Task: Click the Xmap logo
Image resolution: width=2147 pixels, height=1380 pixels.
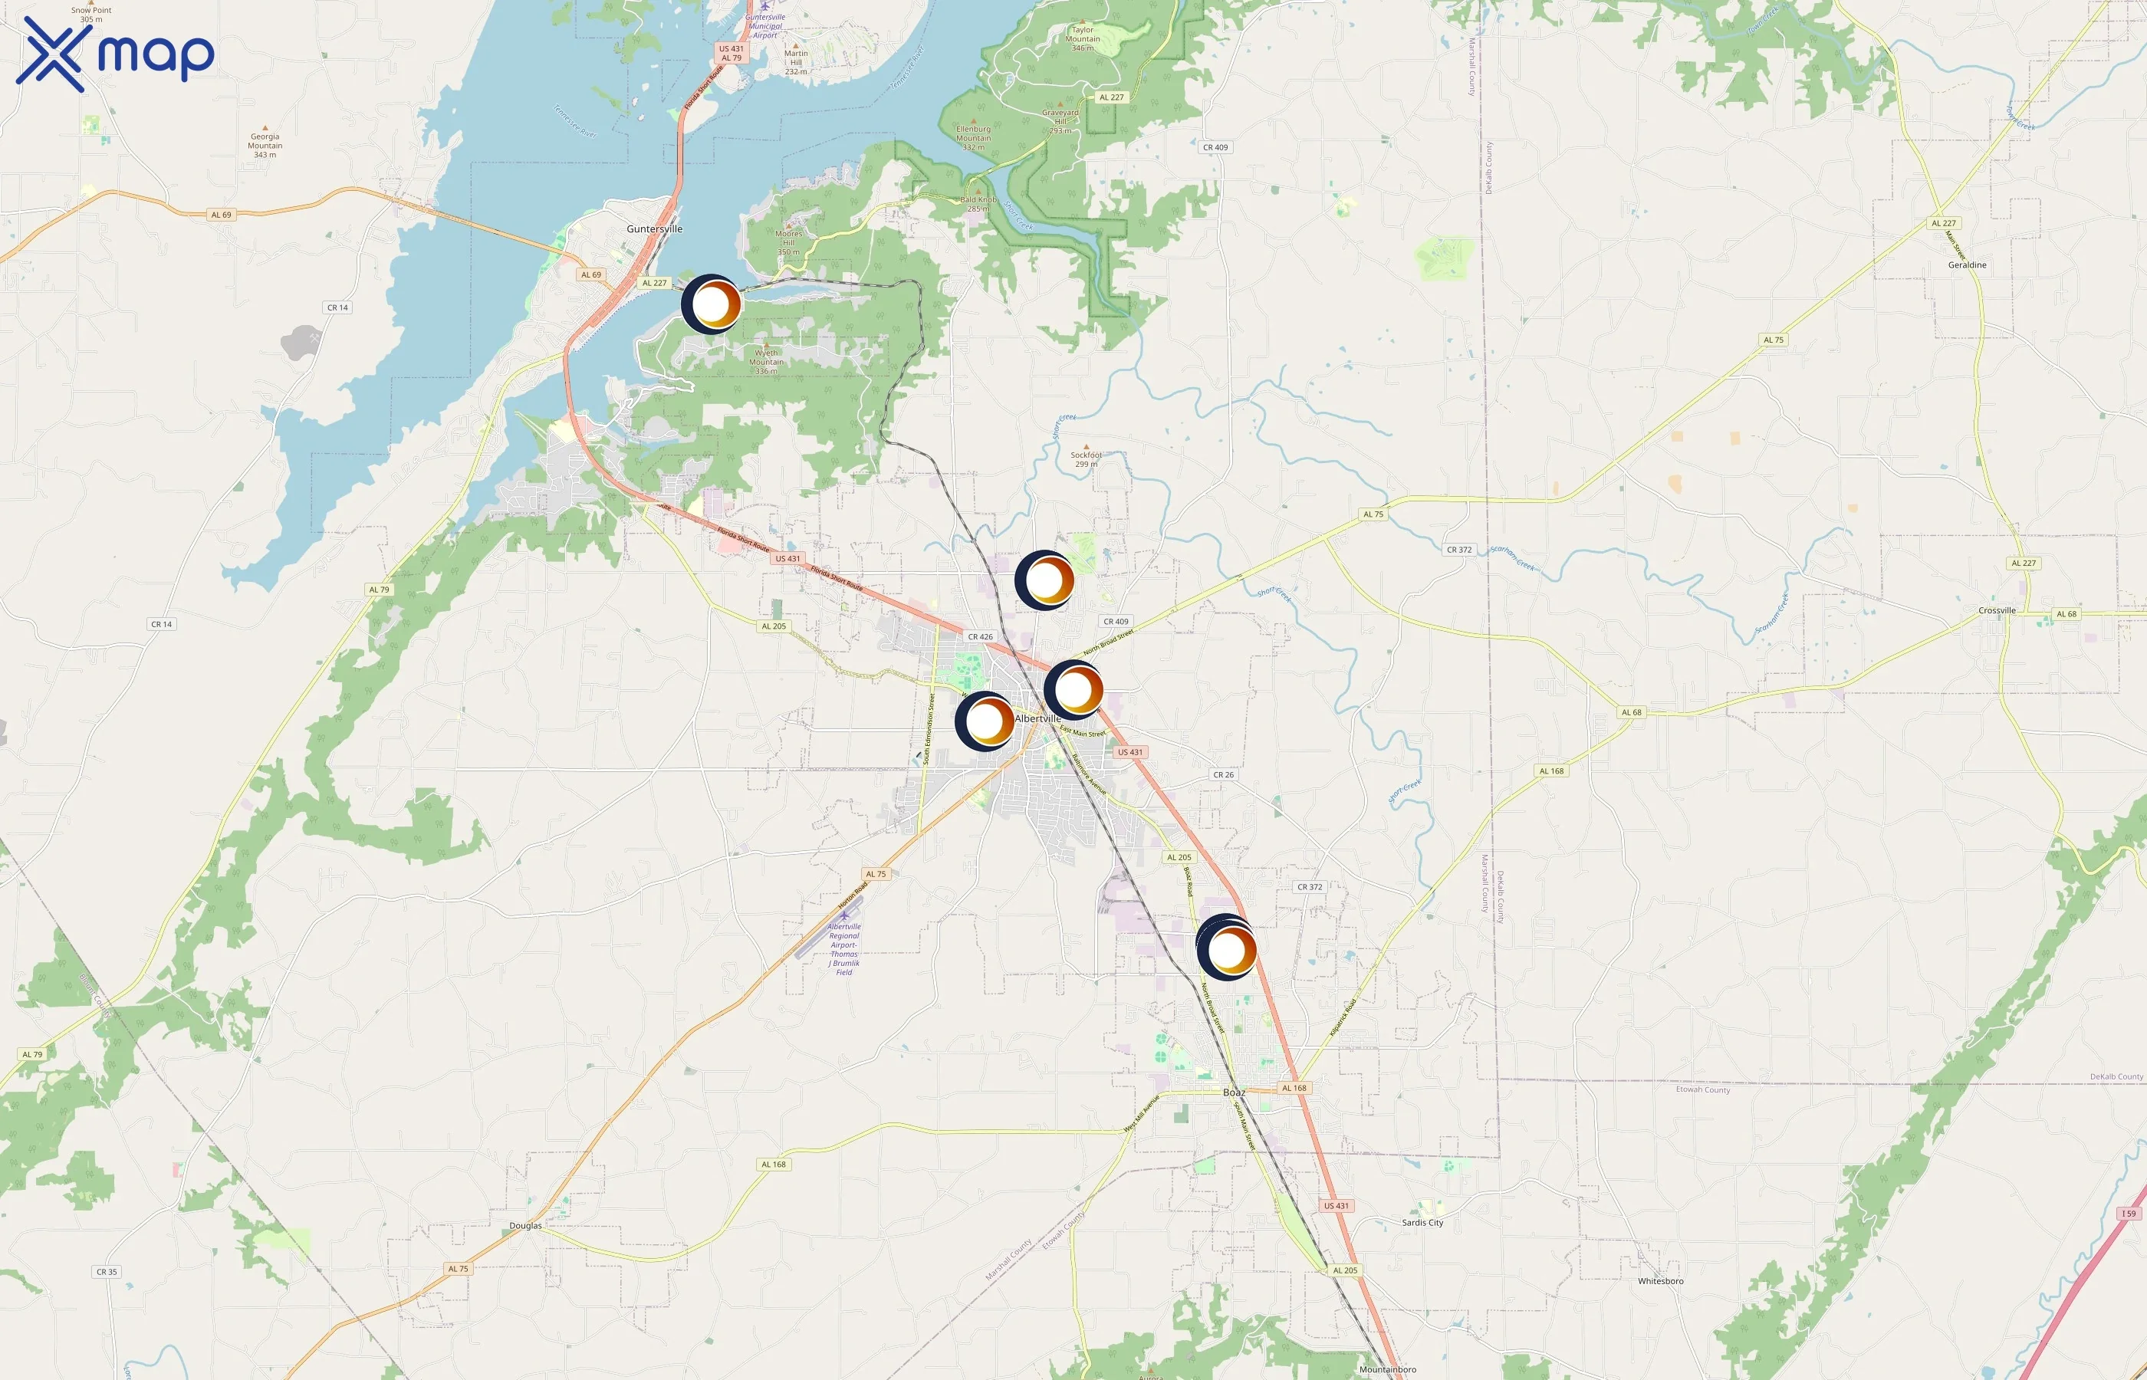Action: (115, 54)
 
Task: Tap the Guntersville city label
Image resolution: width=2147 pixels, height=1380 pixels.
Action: (654, 229)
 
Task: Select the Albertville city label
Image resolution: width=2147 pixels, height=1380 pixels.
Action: (1037, 718)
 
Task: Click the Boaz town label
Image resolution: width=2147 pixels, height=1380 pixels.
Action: (1234, 1092)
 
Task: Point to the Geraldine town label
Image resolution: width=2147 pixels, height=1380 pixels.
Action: (1967, 265)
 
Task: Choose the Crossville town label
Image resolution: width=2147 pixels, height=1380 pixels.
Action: (1997, 610)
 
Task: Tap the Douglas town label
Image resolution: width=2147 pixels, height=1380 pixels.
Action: (525, 1226)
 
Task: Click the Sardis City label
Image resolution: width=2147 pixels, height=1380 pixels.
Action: (1422, 1222)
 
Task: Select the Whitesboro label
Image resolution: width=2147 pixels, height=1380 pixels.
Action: (1659, 1281)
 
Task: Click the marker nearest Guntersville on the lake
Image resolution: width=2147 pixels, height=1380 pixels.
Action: (712, 304)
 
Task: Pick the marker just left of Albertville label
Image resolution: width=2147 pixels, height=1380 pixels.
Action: (985, 720)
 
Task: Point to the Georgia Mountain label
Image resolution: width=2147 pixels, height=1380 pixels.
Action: (265, 145)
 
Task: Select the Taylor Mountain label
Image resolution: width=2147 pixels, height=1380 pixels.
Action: (1083, 38)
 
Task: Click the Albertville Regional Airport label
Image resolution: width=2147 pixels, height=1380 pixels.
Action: (843, 948)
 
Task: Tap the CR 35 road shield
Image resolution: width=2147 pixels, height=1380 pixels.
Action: (107, 1272)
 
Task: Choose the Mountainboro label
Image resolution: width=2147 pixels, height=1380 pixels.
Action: (1387, 1369)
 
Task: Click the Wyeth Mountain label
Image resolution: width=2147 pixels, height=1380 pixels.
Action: (766, 361)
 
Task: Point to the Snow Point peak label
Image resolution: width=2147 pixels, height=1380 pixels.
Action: (91, 15)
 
